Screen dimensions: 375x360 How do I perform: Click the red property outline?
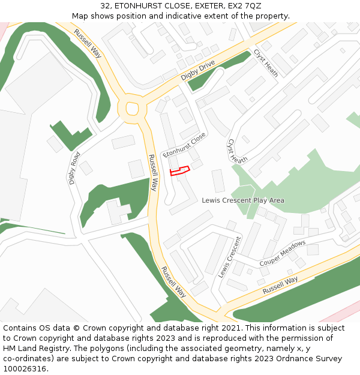click(179, 170)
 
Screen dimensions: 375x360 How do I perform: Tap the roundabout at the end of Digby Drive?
click(131, 109)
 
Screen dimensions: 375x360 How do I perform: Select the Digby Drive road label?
click(197, 71)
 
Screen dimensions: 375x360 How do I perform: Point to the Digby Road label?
click(74, 167)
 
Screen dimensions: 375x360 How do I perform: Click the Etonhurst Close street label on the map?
click(184, 145)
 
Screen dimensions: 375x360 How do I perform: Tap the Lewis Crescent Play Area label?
click(243, 200)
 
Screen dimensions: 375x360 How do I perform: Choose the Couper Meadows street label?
click(282, 254)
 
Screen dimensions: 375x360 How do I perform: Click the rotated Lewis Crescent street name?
click(229, 256)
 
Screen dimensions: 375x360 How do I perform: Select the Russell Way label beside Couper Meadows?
click(280, 285)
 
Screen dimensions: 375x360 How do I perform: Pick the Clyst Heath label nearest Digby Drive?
click(266, 62)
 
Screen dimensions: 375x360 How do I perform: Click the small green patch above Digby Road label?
click(70, 136)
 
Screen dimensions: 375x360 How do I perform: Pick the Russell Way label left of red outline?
click(153, 173)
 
